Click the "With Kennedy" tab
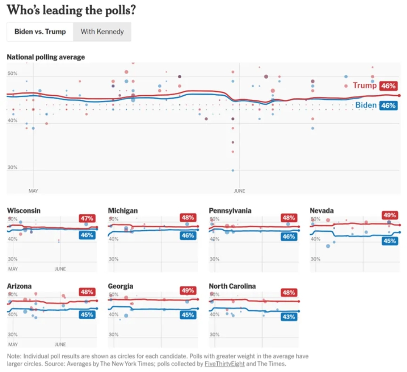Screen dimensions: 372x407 coord(102,31)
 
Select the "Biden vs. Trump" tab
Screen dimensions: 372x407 coord(40,31)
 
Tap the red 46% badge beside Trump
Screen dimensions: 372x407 coord(388,86)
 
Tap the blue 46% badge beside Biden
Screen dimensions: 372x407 coord(388,105)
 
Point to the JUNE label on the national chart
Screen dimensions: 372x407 coord(239,191)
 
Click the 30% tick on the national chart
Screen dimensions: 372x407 coord(12,168)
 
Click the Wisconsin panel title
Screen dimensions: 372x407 coord(24,210)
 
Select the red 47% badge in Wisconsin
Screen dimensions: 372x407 coord(88,219)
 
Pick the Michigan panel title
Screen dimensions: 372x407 coord(123,210)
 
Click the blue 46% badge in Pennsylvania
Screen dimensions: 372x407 coord(289,236)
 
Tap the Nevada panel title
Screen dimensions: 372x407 coord(322,210)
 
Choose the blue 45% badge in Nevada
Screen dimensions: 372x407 coord(390,241)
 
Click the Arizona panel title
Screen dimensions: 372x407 coord(19,286)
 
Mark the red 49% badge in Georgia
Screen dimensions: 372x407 coord(188,291)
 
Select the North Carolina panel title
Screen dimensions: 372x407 coord(232,286)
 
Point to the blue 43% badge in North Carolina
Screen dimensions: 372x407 coord(289,317)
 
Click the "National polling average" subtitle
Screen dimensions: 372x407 coord(46,57)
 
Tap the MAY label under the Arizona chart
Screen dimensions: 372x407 coord(13,344)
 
